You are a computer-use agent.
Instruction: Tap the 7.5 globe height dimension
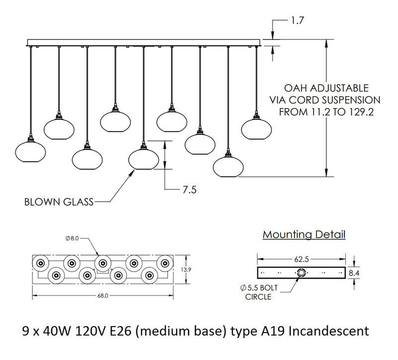[190, 189]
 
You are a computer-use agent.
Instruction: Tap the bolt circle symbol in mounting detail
[301, 272]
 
